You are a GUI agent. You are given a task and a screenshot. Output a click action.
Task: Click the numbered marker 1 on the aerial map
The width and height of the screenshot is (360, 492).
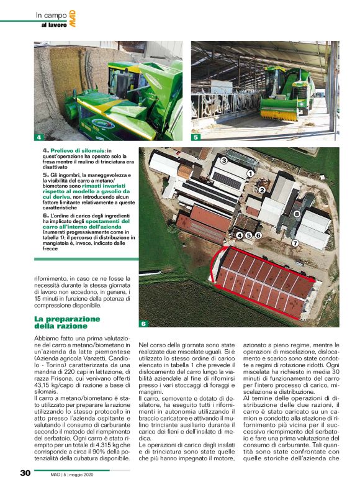pyautogui.click(x=250, y=173)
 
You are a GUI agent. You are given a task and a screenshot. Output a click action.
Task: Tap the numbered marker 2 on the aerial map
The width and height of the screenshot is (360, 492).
pyautogui.click(x=261, y=190)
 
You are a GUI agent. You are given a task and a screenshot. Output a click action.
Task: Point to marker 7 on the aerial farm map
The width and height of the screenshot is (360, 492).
pyautogui.click(x=295, y=243)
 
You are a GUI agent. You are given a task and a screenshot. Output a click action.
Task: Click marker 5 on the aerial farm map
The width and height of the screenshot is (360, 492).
pyautogui.click(x=248, y=235)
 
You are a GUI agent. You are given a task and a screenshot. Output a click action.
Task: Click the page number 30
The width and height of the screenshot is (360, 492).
pyautogui.click(x=25, y=473)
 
